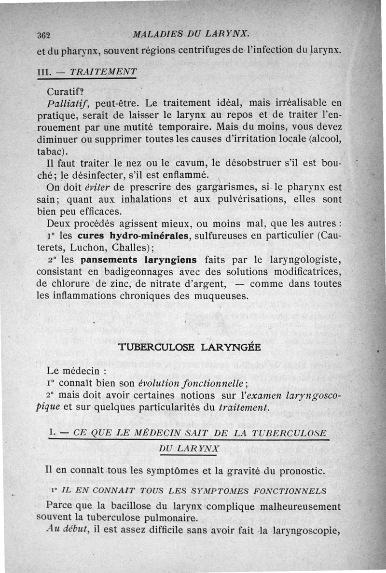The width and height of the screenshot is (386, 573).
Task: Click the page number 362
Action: tap(44, 35)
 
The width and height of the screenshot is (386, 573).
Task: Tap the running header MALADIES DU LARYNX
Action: tap(191, 34)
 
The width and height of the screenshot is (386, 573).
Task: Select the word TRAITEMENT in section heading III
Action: tap(103, 71)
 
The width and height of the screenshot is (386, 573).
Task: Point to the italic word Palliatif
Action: tap(66, 103)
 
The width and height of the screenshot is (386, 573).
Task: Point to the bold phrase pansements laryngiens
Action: tap(139, 260)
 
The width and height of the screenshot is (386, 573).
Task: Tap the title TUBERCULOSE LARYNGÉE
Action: tap(190, 347)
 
